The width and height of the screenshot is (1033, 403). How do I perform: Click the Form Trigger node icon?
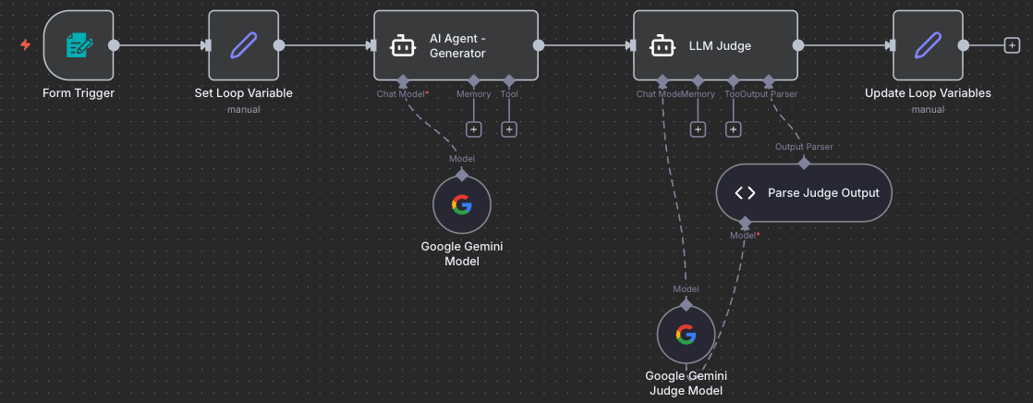79,45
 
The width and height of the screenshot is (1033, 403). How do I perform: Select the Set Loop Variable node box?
243,45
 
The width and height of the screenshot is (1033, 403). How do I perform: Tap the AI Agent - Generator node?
456,45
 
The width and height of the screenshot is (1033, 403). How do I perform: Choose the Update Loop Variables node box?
928,45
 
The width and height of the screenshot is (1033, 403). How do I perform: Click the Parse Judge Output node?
804,193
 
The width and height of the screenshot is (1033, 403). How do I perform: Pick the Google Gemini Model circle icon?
462,205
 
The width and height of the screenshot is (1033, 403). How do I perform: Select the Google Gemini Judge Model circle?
686,335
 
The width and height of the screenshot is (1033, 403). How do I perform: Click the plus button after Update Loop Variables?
1012,45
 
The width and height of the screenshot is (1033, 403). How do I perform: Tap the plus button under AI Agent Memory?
474,129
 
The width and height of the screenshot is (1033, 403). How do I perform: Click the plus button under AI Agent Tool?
509,129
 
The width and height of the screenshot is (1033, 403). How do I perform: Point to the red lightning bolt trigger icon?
26,44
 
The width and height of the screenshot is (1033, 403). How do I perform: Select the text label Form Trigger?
79,92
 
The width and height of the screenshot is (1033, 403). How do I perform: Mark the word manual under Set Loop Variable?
243,109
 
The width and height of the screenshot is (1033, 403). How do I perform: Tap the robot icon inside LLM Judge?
660,45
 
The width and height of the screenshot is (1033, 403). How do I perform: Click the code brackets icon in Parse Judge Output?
745,193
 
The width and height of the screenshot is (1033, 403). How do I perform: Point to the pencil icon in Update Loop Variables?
928,45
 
